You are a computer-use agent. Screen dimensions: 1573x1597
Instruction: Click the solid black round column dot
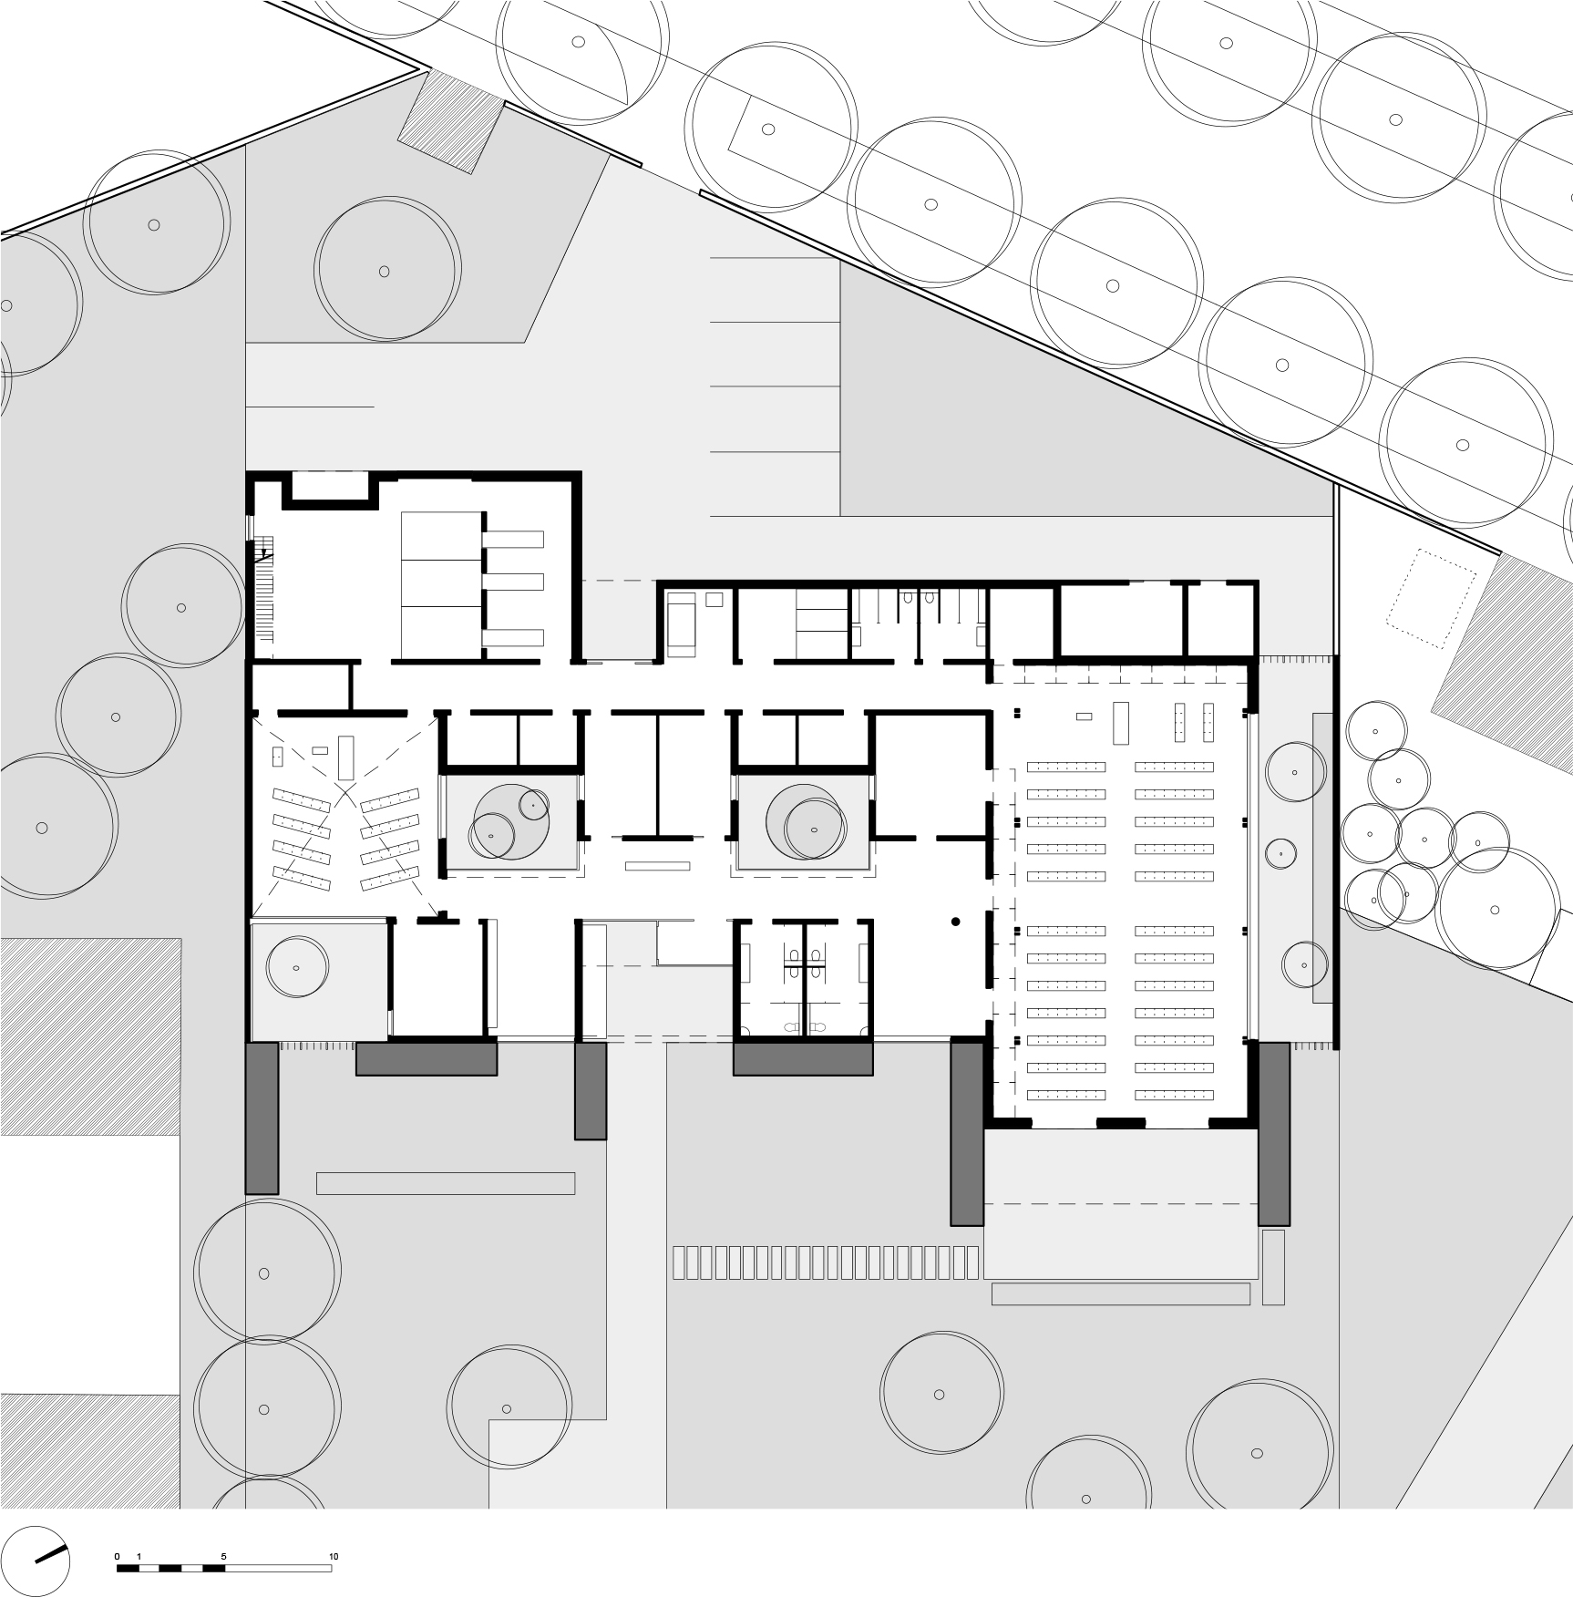955,922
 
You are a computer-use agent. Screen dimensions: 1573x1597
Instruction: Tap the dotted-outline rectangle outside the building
1431,598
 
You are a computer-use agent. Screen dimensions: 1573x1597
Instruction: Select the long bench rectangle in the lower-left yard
446,1183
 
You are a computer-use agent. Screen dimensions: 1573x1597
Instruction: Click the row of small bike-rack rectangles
826,1262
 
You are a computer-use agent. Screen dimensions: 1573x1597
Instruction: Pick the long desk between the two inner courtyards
656,866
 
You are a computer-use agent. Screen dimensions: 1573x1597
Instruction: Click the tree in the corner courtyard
295,967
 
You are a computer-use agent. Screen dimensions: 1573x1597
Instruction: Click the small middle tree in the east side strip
1280,853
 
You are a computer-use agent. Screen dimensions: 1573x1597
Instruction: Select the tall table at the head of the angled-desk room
345,757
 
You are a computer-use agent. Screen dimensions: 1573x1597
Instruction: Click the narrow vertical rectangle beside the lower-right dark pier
1273,1267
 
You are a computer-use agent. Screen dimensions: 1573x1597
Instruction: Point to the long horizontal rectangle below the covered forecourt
1121,1294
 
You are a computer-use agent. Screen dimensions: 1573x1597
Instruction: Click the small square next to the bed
715,600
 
